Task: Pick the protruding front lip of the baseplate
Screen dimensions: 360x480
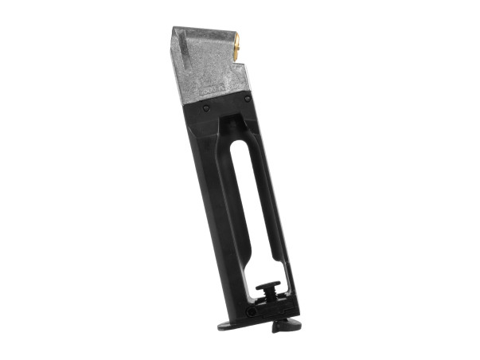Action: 228,324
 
